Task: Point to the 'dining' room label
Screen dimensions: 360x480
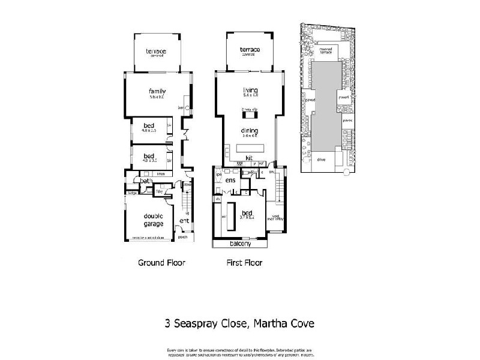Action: pos(250,130)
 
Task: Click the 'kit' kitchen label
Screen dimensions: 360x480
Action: pos(248,157)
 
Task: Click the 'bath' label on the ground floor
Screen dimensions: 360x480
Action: pos(145,180)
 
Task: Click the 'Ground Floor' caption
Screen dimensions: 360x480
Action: pos(161,263)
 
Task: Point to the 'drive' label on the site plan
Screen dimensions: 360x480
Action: pos(322,160)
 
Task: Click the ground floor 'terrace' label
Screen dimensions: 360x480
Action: pos(155,52)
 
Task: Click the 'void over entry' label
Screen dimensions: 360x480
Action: pos(276,218)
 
